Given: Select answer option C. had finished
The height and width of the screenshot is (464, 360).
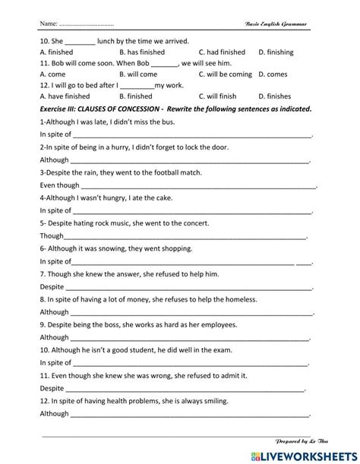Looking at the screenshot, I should (x=222, y=52).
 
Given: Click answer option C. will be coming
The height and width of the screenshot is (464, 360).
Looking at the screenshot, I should (x=225, y=74).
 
